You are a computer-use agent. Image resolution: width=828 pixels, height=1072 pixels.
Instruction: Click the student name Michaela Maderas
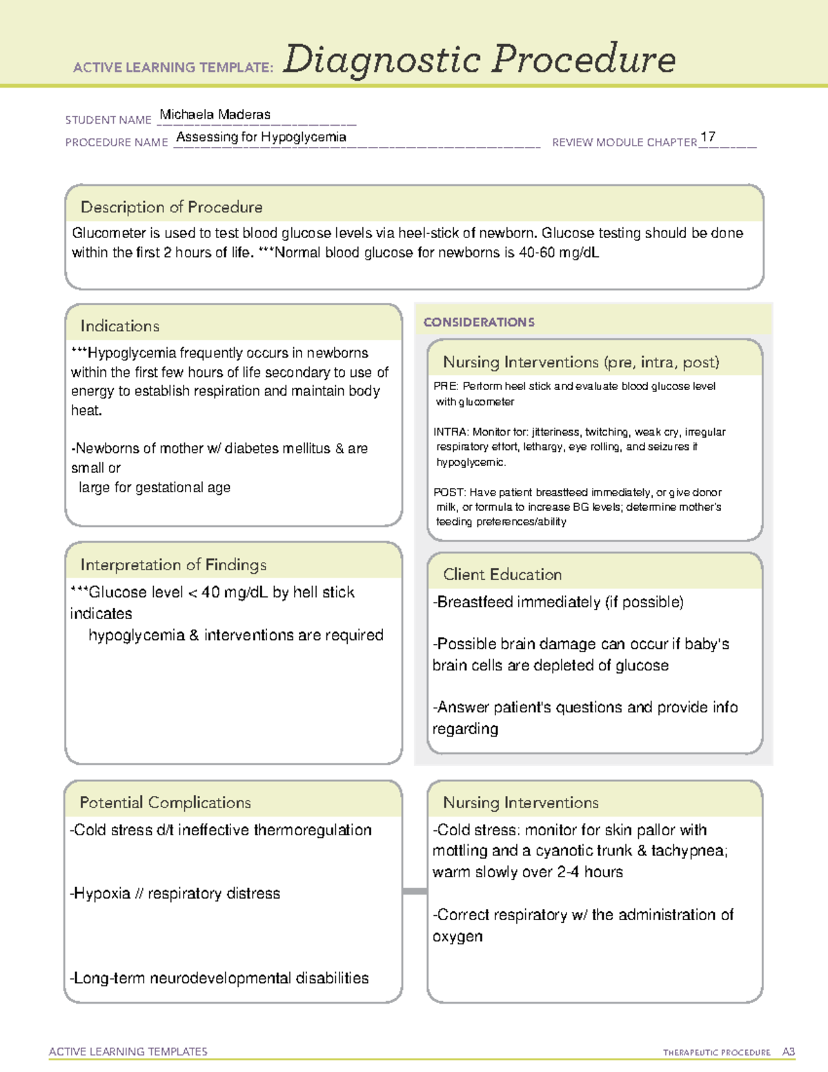pos(215,115)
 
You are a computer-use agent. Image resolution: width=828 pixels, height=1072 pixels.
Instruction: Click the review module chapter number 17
pos(707,137)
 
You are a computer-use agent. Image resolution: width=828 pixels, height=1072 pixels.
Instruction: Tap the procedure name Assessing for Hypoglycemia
pos(261,137)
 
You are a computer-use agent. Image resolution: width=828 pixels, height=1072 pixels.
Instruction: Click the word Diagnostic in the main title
pos(382,59)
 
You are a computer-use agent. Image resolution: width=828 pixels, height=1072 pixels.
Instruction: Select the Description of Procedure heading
pos(171,207)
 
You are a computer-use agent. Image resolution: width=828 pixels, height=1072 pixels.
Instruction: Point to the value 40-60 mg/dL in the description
pos(558,253)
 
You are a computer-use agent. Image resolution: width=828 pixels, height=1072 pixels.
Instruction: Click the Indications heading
pos(119,326)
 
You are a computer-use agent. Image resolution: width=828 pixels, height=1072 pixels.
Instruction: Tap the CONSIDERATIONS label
pos(479,322)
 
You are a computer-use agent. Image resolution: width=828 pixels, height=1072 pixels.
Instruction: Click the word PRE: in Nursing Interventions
pos(446,387)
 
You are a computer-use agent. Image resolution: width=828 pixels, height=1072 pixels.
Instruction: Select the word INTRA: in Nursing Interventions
pos(451,432)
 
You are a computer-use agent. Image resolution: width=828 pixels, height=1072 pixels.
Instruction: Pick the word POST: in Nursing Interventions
pos(449,492)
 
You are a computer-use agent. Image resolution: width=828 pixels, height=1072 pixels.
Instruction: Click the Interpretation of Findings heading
pos(173,565)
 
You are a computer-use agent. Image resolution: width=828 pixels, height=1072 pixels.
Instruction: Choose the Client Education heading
pos(502,574)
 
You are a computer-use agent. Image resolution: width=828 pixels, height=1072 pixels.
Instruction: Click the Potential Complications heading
pos(165,802)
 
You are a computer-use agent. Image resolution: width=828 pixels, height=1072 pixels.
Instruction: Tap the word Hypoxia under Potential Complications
pos(102,893)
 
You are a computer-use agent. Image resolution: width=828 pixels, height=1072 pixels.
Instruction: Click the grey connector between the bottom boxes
pos(415,891)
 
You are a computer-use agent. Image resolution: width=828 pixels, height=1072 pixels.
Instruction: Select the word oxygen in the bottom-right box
pos(457,937)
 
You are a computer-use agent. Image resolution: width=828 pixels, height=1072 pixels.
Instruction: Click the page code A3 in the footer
pos(788,1052)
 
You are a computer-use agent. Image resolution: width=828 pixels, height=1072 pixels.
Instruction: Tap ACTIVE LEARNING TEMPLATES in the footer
pos(128,1051)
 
